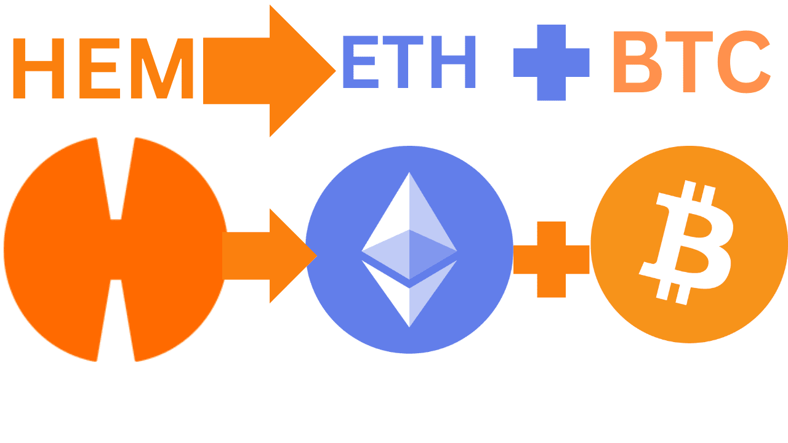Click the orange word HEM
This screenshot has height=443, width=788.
click(x=103, y=69)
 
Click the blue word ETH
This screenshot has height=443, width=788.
click(x=409, y=62)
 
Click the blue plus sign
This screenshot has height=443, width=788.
click(x=552, y=62)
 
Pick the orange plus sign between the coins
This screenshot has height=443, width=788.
click(x=552, y=259)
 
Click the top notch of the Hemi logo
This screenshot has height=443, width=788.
click(x=116, y=178)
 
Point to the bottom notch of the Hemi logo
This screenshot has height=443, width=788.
click(x=116, y=320)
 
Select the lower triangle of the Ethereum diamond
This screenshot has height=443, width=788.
click(x=409, y=295)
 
